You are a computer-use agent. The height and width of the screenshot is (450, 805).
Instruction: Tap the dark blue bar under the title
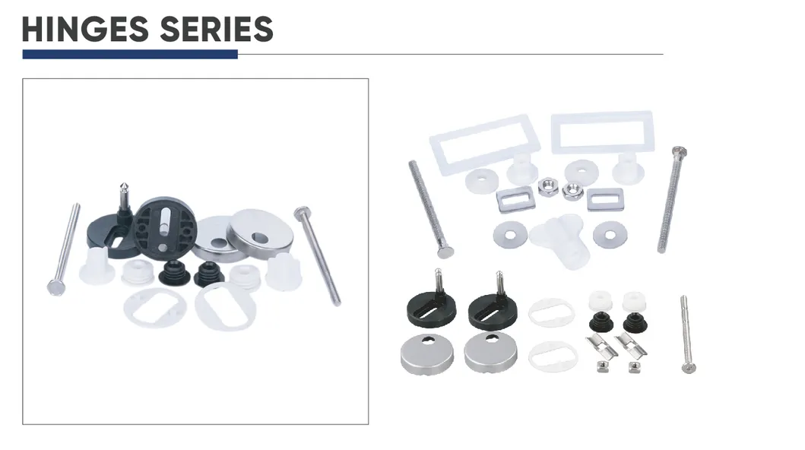[129, 54]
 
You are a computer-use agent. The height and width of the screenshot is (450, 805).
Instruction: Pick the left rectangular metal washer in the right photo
[511, 201]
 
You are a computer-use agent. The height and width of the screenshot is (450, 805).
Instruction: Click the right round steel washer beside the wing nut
[610, 233]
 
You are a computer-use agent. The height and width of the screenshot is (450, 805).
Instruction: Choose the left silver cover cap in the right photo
[426, 350]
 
